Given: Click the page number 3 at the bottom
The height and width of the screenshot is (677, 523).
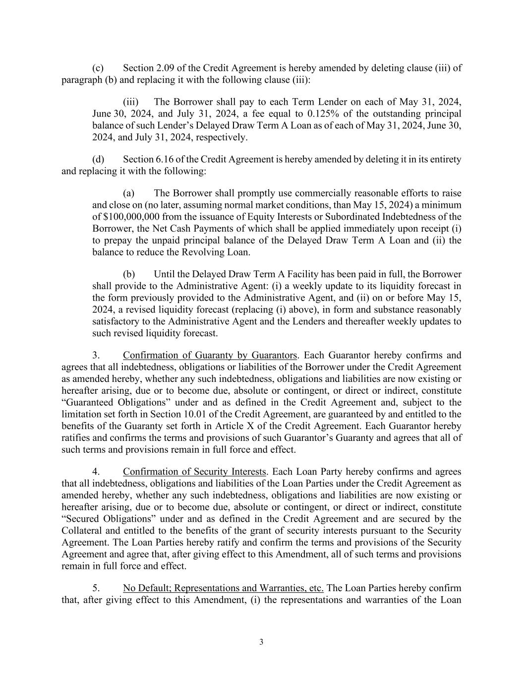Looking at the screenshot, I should [261, 642].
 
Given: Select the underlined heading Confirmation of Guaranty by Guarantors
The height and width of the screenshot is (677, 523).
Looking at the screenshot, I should [210, 355].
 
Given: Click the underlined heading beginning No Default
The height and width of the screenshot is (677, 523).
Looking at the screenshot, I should [223, 588].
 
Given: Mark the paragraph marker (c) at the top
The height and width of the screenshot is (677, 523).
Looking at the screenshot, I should [98, 68].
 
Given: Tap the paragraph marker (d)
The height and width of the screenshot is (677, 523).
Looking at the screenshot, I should [98, 159].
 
